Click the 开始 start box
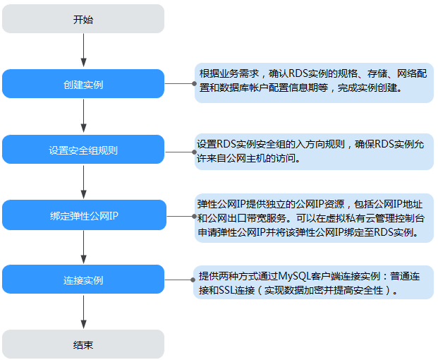coord(83,19)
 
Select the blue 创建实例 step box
coord(83,83)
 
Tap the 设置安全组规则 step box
coord(83,149)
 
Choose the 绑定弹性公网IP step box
coord(85,215)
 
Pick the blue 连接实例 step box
coord(83,280)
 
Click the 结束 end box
coord(83,344)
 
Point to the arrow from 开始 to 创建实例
coord(83,50)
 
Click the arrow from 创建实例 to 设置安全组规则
coord(83,116)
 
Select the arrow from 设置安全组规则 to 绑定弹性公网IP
coord(83,181)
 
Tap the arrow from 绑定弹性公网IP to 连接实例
coord(83,247)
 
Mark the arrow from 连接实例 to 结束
coord(83,312)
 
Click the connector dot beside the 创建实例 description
coord(194,83)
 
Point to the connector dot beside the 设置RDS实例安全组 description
coord(194,152)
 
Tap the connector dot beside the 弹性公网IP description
coord(194,216)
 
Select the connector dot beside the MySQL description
coord(193,280)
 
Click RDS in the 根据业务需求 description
coord(298,73)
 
